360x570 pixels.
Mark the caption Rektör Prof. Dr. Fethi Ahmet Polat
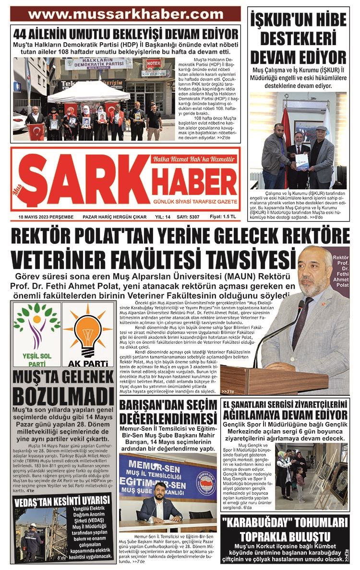click(x=340, y=271)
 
